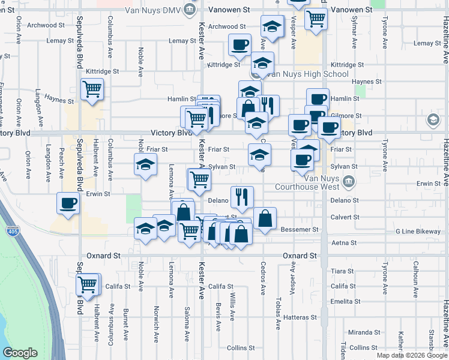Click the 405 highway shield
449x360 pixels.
click(x=13, y=231)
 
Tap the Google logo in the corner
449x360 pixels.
click(x=20, y=353)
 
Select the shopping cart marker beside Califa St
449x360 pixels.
click(x=88, y=284)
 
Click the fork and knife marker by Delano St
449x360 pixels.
click(x=242, y=196)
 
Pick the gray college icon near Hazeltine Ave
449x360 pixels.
click(x=432, y=121)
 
